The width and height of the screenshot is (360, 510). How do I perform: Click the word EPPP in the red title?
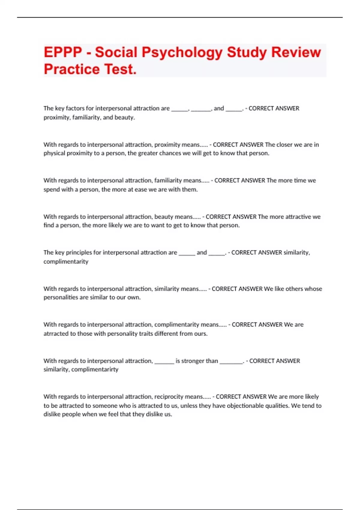point(63,52)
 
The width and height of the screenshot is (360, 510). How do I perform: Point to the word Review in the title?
point(296,52)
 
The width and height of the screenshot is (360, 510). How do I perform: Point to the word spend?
point(52,190)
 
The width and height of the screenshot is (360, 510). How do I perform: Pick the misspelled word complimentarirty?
point(95,370)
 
